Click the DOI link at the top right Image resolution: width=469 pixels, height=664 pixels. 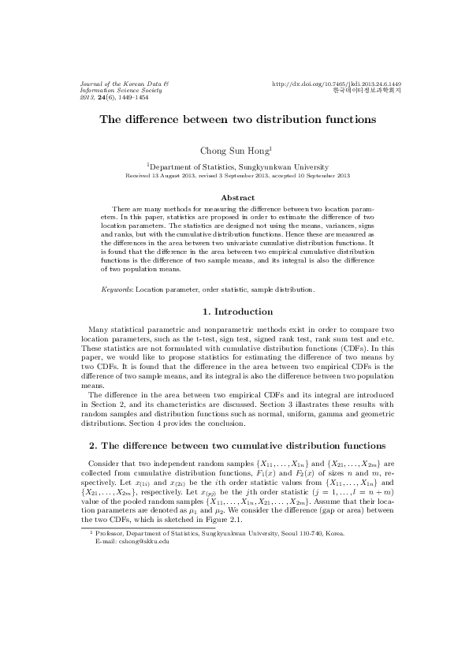coord(337,84)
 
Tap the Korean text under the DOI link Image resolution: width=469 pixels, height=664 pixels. coord(367,91)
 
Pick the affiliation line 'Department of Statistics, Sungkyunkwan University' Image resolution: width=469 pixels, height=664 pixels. coord(239,167)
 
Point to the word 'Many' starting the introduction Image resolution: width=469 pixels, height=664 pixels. coord(99,329)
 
